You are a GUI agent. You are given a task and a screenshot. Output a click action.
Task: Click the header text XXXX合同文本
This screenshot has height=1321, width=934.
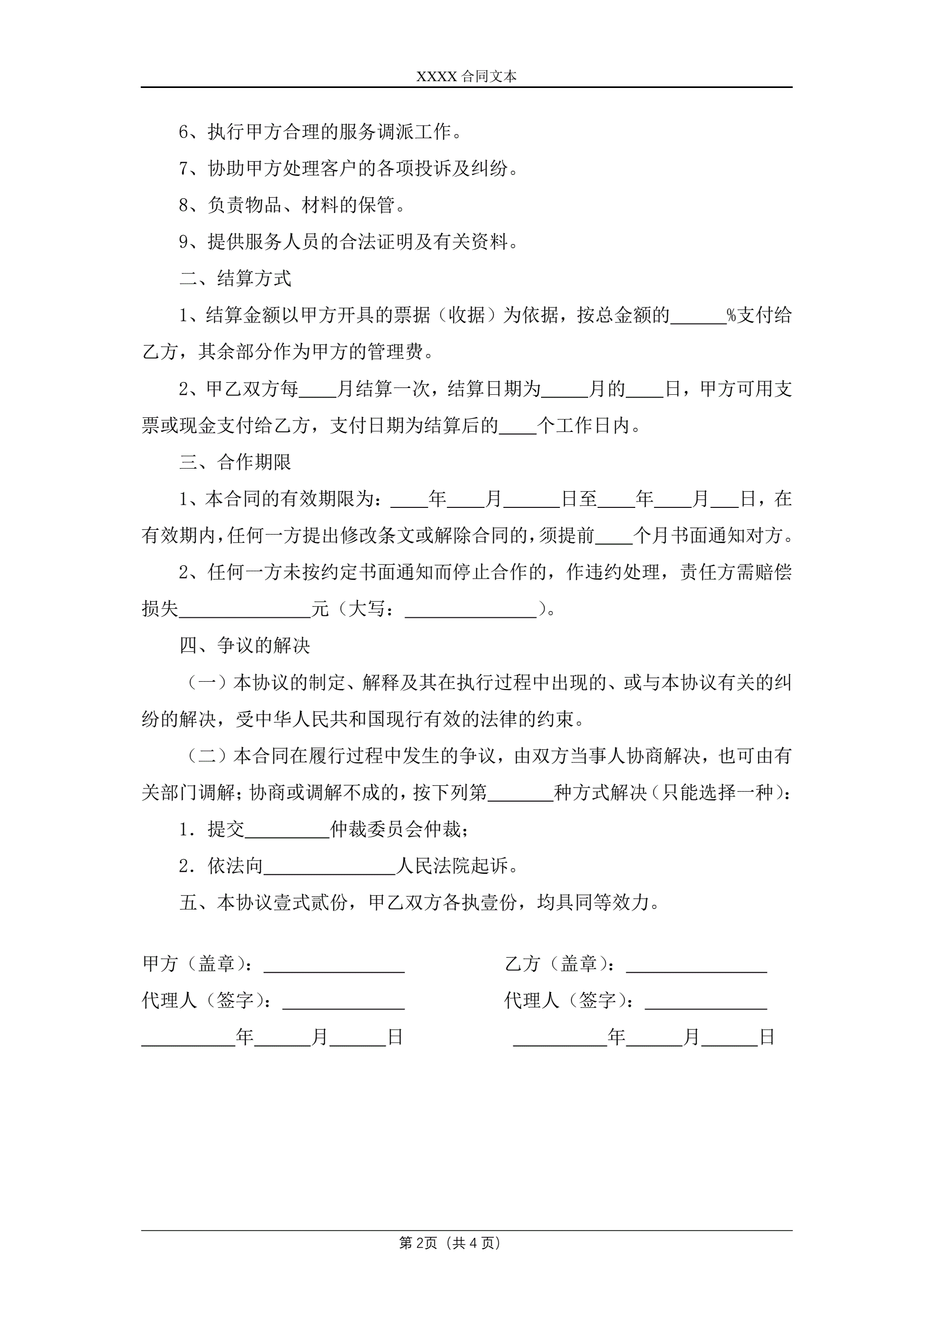pos(466,76)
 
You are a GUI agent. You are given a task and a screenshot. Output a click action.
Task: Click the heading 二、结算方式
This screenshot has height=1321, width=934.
pos(235,279)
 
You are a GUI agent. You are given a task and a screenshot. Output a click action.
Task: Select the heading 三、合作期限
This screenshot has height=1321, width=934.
pos(235,462)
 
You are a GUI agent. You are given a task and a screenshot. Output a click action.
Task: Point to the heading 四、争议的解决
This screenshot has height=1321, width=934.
pos(244,646)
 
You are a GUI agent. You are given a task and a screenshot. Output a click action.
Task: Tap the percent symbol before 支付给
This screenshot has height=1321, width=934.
pos(732,315)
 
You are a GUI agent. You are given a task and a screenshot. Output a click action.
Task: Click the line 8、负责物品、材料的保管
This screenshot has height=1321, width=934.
pos(291,205)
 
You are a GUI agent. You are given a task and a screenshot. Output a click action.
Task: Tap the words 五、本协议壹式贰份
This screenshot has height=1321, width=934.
pos(263,903)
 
